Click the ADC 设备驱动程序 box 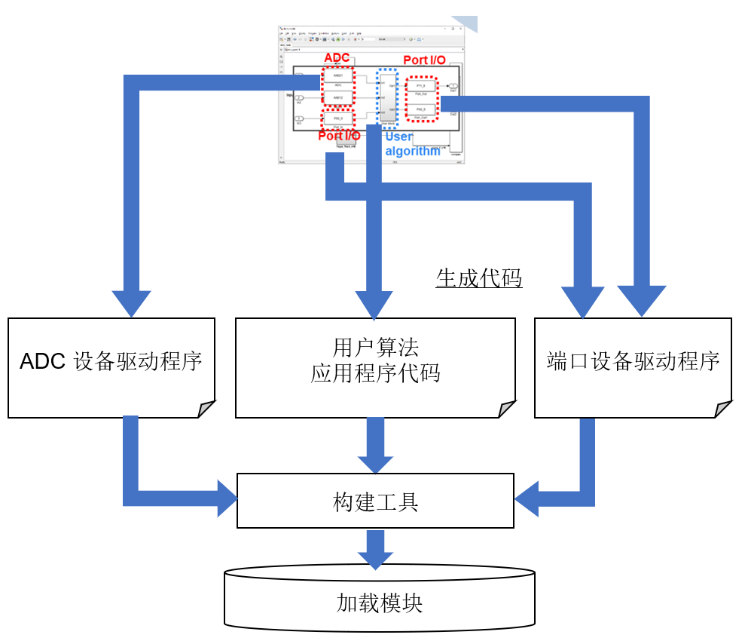pos(111,367)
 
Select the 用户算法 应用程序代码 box pos(375,367)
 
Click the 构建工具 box pos(375,501)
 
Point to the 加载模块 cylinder pos(380,603)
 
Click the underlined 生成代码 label pos(479,279)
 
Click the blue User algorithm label pos(411,144)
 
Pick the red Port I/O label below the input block pos(338,136)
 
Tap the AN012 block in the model pos(337,98)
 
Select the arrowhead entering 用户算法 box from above pos(374,305)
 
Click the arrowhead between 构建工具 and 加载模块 pos(375,559)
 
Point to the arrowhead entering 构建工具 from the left pos(226,498)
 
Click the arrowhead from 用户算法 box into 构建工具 pos(375,463)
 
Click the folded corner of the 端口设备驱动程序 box pos(723,409)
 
